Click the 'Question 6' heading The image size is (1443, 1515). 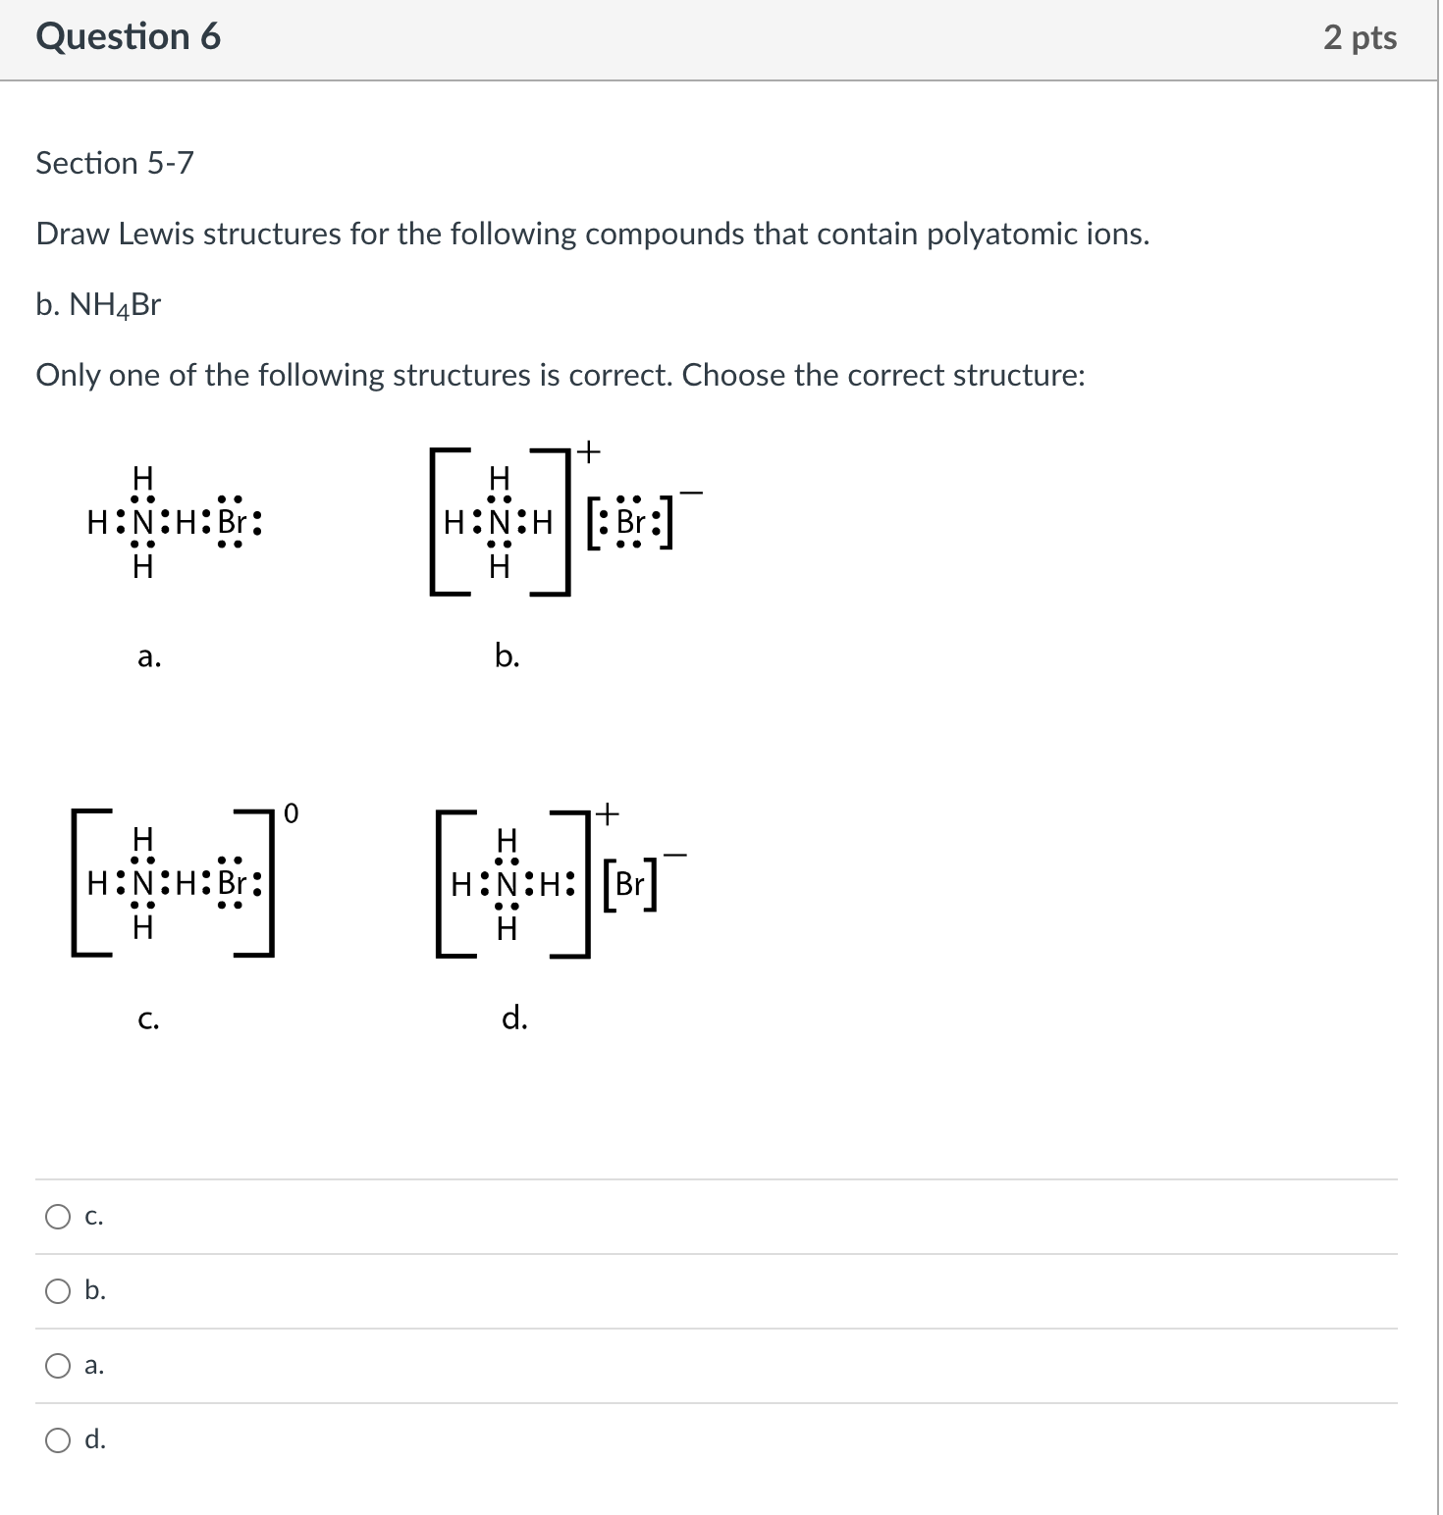[x=128, y=37]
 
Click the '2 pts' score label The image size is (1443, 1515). [x=1360, y=37]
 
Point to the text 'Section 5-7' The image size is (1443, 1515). [x=115, y=163]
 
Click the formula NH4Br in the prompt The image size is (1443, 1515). [x=114, y=306]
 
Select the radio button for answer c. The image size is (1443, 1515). [x=59, y=1217]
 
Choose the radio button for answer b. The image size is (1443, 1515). [x=59, y=1291]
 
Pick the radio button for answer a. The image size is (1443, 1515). [x=59, y=1366]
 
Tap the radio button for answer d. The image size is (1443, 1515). [x=59, y=1440]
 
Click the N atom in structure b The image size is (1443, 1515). [x=500, y=522]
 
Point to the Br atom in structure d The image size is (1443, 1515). [x=629, y=884]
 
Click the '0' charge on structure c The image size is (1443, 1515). [x=291, y=813]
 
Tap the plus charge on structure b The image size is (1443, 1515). [x=587, y=451]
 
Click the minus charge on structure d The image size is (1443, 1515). [x=674, y=856]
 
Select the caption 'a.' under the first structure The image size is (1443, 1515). [x=149, y=656]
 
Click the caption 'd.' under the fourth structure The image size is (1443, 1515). [x=514, y=1019]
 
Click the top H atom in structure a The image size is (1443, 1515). [x=143, y=478]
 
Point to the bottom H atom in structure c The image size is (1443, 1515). [x=143, y=927]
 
